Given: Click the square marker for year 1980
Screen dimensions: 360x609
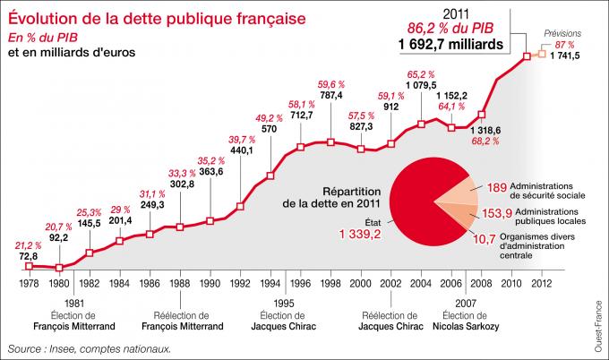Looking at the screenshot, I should (x=59, y=267).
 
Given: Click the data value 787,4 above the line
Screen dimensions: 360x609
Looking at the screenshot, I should (x=332, y=95).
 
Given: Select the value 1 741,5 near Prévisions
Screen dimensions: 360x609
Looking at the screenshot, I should (x=565, y=56).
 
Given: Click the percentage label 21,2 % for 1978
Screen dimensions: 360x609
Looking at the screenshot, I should (x=29, y=244).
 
